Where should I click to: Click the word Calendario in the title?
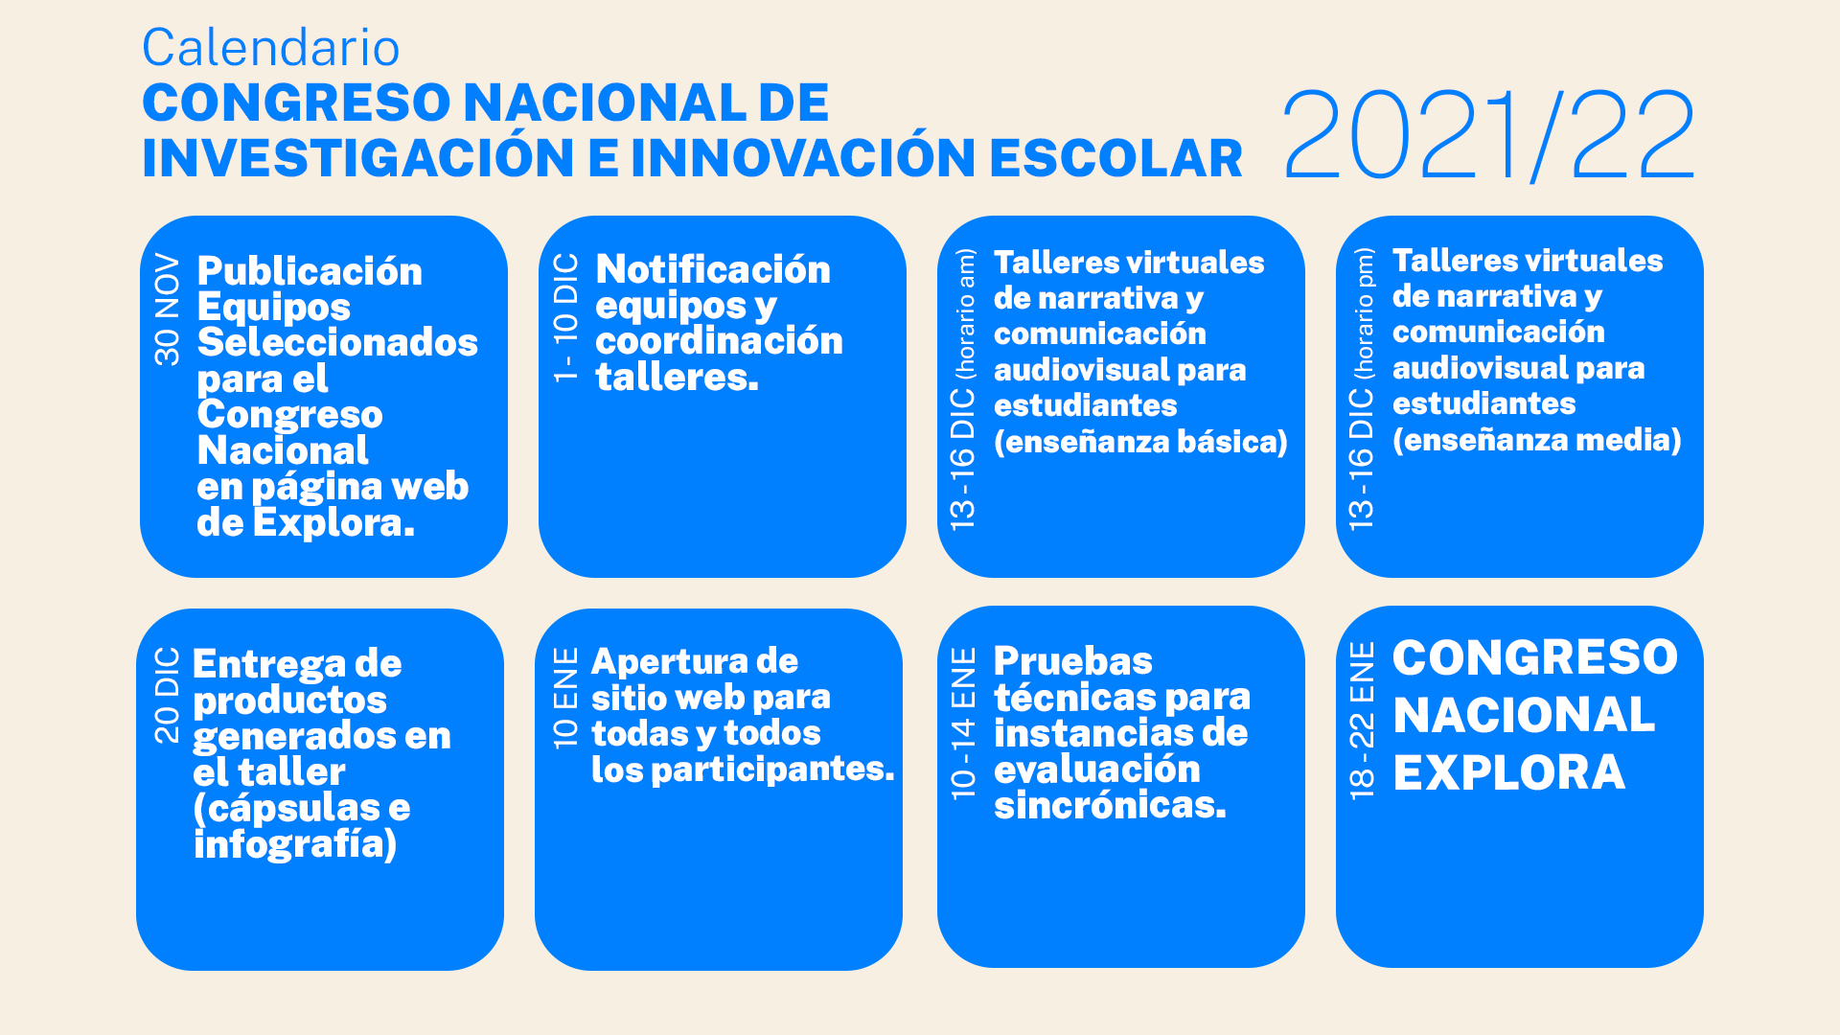coord(271,48)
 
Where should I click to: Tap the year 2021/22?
coord(1488,135)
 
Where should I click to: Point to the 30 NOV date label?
coord(167,310)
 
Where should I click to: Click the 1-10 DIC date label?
coord(566,318)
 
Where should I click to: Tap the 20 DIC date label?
coord(167,695)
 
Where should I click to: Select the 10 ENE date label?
coord(566,698)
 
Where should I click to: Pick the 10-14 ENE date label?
coord(963,724)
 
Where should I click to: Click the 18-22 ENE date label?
coord(1362,721)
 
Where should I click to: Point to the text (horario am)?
coord(965,312)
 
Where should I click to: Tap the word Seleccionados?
coord(337,342)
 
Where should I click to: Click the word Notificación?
coord(713,269)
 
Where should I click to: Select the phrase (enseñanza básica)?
coord(1140,442)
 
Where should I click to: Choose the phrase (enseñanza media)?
coord(1537,440)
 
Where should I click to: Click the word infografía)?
coord(295,844)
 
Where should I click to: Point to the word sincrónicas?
coord(1110,805)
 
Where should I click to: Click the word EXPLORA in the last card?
coord(1509,772)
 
